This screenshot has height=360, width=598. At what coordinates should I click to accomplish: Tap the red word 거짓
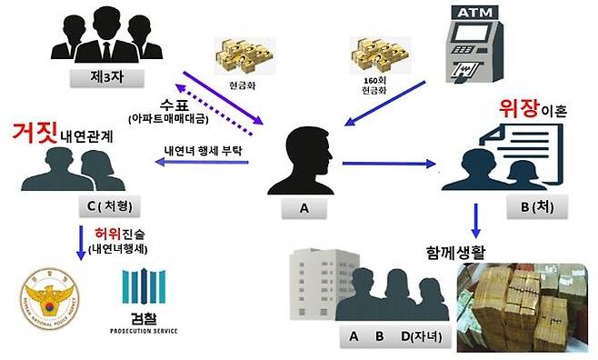coord(30,134)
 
